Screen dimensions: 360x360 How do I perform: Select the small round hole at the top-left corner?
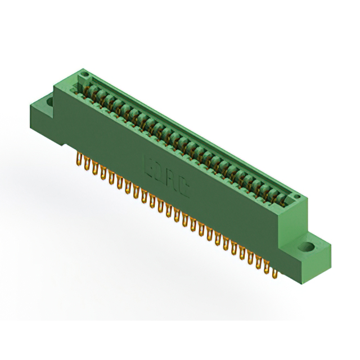pyautogui.click(x=84, y=74)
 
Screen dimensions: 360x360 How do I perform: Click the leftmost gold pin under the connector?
pyautogui.click(x=79, y=160)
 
